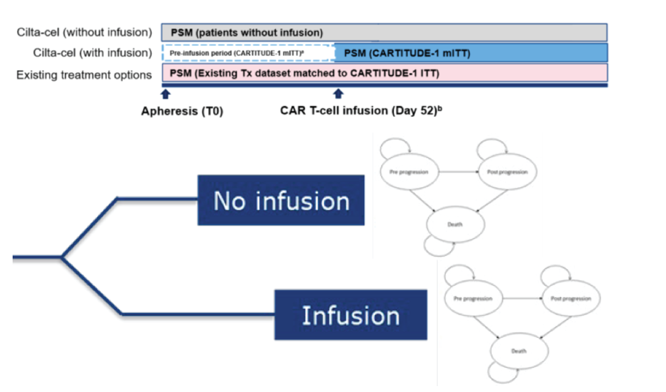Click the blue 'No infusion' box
pos(281,200)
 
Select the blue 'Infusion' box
pos(351,315)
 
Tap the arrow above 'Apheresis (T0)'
pos(166,94)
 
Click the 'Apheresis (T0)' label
pos(182,111)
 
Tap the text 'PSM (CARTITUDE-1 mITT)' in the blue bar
pos(407,53)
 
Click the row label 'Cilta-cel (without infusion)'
pos(84,32)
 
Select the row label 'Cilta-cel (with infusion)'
pos(92,53)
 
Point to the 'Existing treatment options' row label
pos(84,75)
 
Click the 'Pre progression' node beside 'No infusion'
pos(409,172)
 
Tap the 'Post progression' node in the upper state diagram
pos(507,172)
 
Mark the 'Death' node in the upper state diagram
pos(455,224)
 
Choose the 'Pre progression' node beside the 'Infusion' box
pos(473,299)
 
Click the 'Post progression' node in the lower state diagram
pos(571,299)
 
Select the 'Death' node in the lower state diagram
pos(519,351)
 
